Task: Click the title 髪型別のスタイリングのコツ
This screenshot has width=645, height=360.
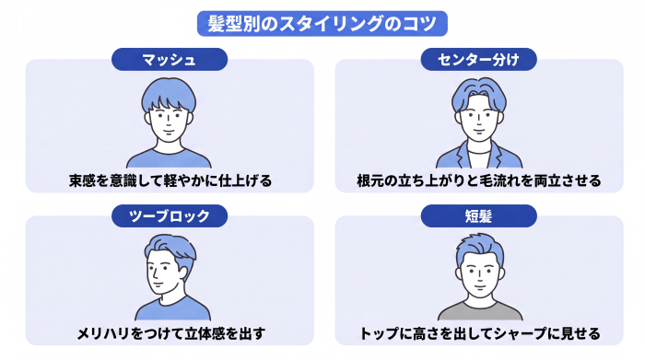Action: coord(322,23)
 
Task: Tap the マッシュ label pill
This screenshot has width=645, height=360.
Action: coord(170,60)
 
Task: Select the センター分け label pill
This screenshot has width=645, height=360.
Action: coord(478,60)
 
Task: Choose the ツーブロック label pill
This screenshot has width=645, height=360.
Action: coord(170,215)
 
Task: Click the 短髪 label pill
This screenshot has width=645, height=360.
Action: coord(478,215)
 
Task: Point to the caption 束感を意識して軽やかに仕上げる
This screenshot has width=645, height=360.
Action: coord(170,180)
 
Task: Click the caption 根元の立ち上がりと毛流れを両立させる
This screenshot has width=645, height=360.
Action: coord(479,180)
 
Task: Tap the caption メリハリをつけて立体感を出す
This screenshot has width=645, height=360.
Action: coord(170,333)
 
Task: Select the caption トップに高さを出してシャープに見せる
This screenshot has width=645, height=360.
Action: coord(480,333)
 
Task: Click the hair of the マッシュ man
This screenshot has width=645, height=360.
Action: coord(169,92)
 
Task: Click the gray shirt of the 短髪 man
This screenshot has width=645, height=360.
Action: coord(480,311)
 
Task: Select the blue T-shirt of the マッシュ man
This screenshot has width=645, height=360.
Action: coord(169,159)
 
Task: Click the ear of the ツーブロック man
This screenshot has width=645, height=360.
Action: coord(182,273)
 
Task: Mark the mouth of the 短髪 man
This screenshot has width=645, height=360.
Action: coord(480,286)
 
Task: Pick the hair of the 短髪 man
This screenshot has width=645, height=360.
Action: coord(480,249)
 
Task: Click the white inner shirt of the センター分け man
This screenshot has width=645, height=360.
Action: coord(480,159)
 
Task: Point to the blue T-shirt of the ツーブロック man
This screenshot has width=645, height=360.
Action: coord(173,310)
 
